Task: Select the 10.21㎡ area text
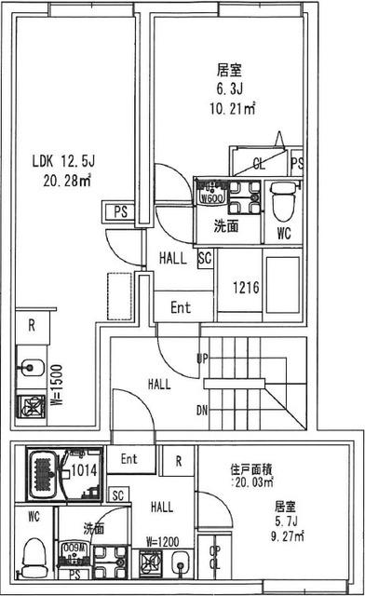coord(232,107)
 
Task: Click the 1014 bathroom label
coord(85,470)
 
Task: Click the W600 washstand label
coord(209,196)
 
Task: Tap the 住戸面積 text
coord(251,468)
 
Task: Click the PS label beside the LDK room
coord(120,211)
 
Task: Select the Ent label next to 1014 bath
coord(128,458)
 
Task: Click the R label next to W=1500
coord(32,325)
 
